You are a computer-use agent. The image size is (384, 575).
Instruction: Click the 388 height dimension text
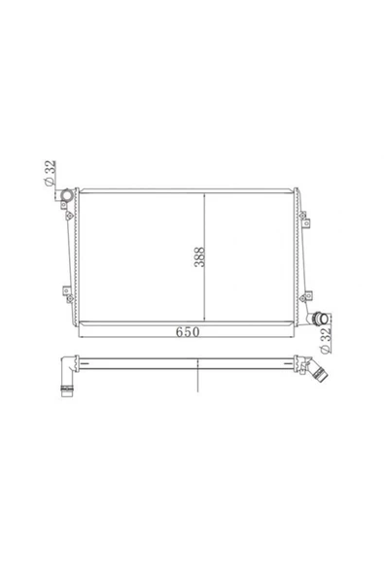point(199,256)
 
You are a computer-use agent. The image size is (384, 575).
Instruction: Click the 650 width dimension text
point(188,332)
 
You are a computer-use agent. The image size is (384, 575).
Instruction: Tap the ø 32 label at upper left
point(50,173)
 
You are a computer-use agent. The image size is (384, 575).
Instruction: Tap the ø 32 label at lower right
point(326,341)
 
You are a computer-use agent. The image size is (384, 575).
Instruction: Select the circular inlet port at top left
point(67,195)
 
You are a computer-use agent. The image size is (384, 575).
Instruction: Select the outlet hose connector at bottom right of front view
point(319,319)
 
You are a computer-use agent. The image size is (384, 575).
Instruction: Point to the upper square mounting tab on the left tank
point(63,205)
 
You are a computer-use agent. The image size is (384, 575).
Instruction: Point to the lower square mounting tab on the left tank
point(66,290)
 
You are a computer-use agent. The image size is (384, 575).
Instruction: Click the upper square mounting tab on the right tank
point(306,223)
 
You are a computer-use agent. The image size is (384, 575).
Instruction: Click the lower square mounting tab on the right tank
point(308,294)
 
